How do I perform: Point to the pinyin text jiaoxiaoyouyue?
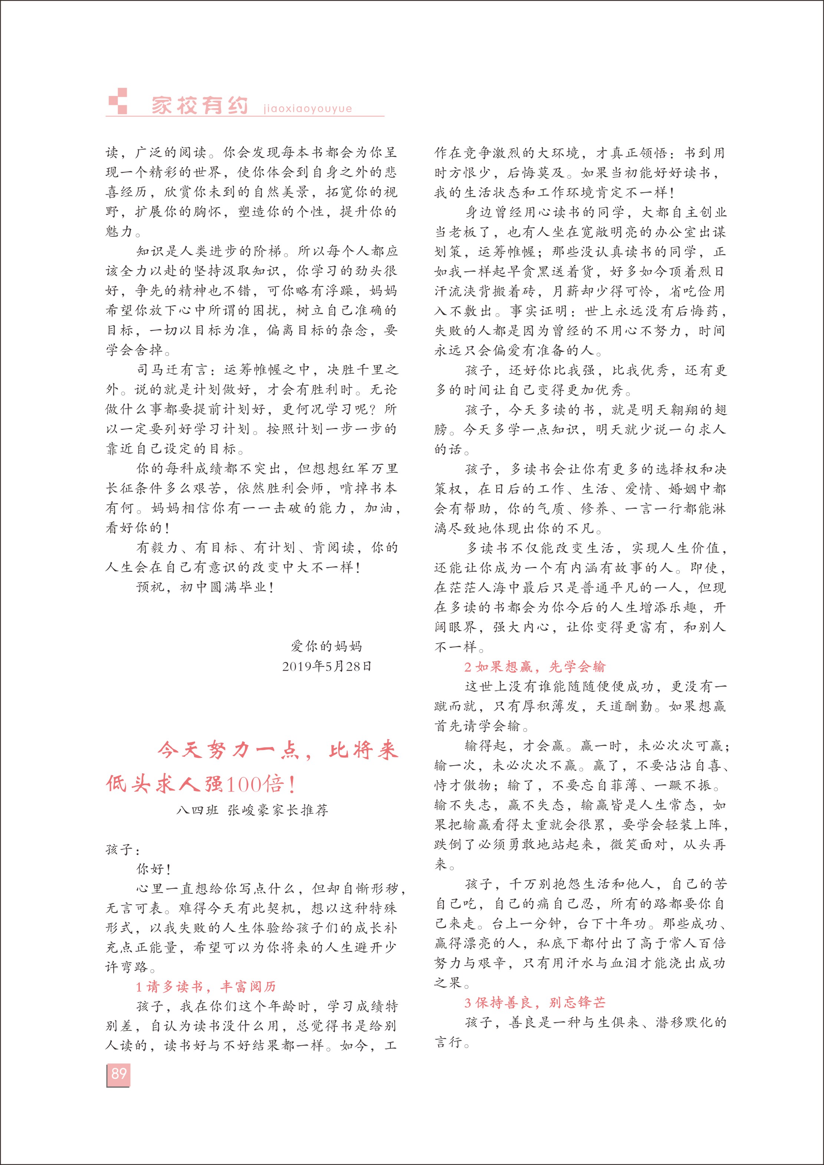[x=308, y=109]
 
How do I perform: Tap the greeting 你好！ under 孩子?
[x=153, y=870]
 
